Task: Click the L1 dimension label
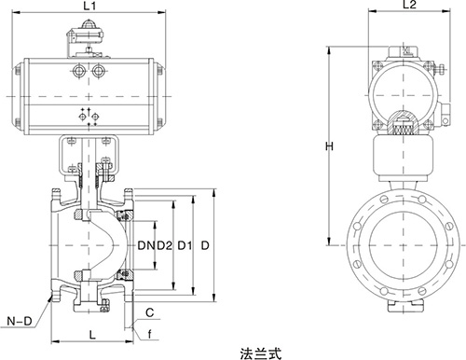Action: pyautogui.click(x=90, y=8)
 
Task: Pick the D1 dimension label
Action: pyautogui.click(x=186, y=246)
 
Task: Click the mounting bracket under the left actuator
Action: pyautogui.click(x=89, y=152)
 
